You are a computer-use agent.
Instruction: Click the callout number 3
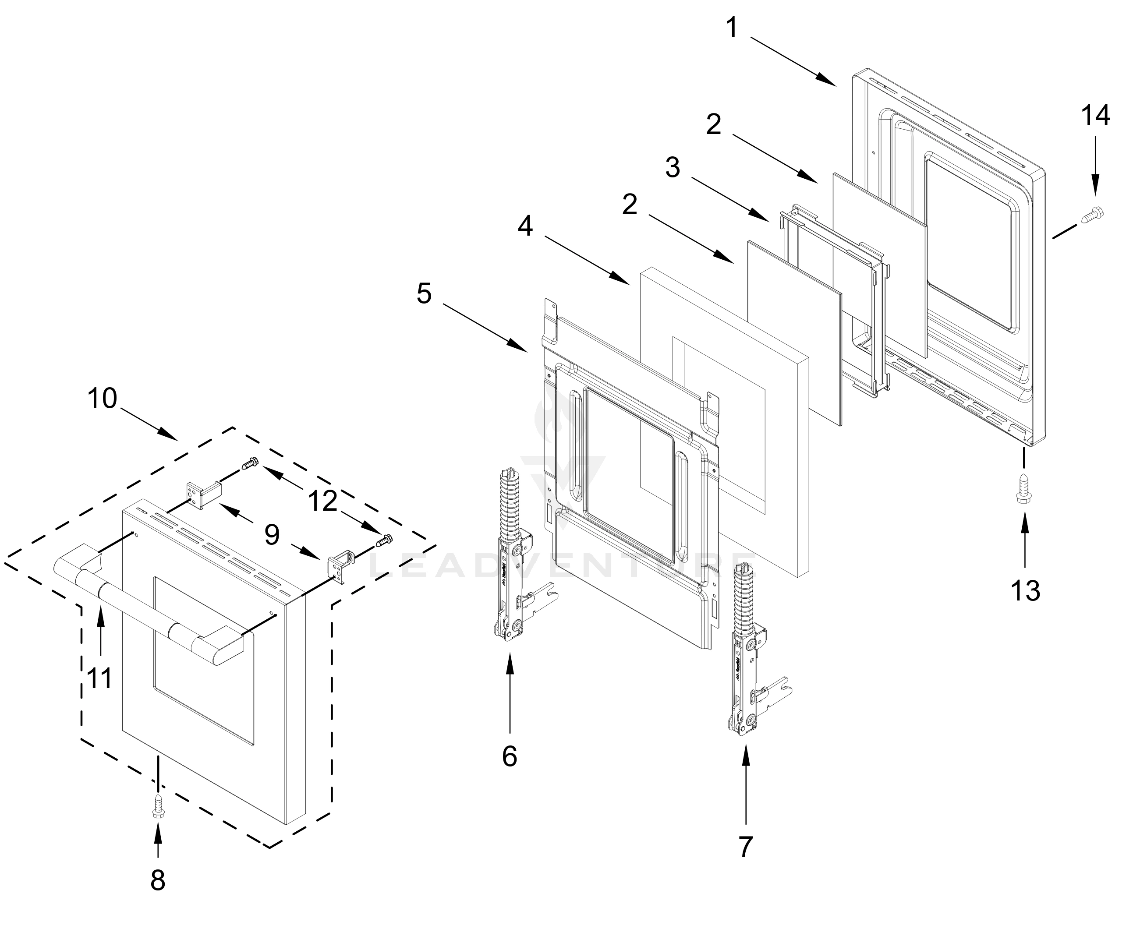[x=673, y=167]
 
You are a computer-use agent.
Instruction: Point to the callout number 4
[x=525, y=226]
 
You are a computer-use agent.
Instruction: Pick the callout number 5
[x=424, y=294]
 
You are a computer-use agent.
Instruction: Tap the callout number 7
[x=746, y=846]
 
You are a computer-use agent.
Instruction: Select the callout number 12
[x=323, y=501]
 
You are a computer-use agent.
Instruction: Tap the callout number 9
[x=272, y=535]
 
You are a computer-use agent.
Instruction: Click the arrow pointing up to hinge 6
[x=510, y=689]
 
